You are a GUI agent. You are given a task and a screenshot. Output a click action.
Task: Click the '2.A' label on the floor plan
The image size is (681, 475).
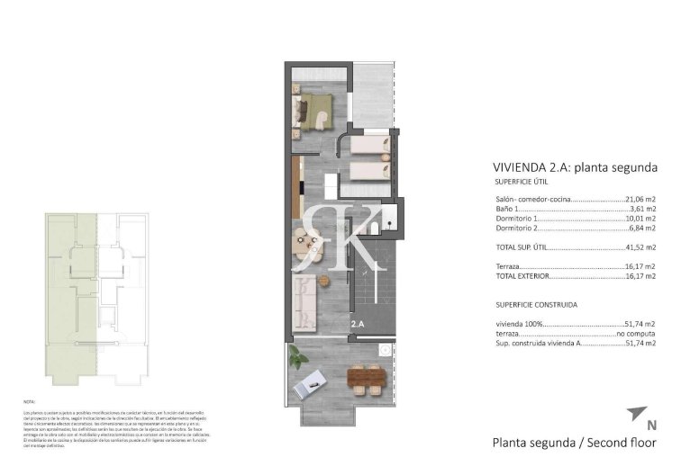coord(358,324)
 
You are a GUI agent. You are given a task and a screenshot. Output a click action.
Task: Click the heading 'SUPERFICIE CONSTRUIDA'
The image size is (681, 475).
coord(536,304)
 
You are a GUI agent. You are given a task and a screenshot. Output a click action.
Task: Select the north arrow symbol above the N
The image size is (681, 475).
coord(635,413)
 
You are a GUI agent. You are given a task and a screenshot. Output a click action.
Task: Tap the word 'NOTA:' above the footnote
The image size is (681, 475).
coord(29,400)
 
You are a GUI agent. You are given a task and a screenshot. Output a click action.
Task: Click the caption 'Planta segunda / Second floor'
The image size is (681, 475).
coord(574,443)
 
